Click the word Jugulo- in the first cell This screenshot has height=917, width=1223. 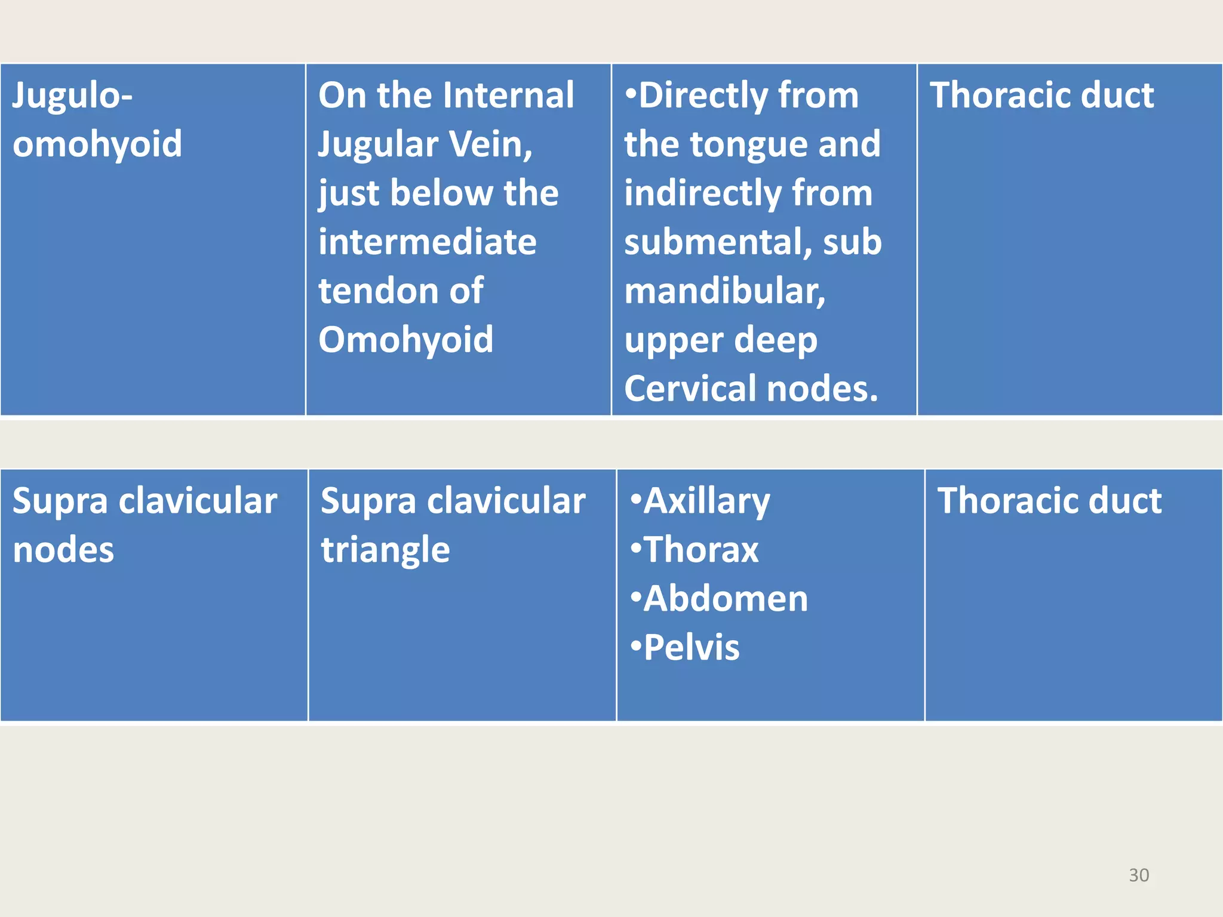coord(72,96)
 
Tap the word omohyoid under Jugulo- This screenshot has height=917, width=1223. coord(97,144)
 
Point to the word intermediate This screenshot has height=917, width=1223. coord(428,242)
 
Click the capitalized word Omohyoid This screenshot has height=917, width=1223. coord(406,340)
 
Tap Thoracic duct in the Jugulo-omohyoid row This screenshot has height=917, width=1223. coord(1042,95)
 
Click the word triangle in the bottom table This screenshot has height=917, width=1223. coord(385,550)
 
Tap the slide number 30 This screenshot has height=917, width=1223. coord(1139,875)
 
